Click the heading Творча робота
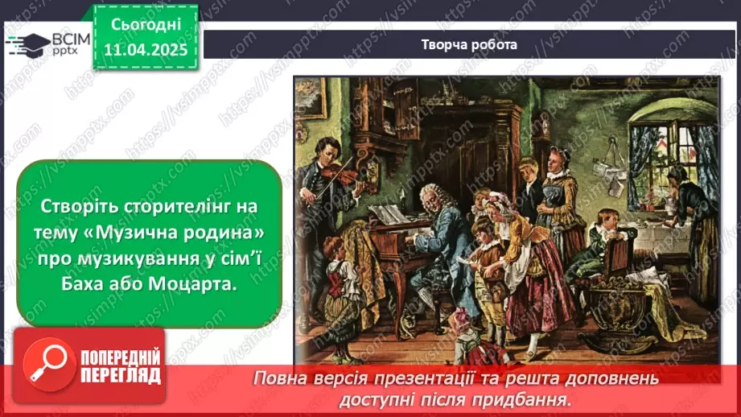pyautogui.click(x=469, y=45)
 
